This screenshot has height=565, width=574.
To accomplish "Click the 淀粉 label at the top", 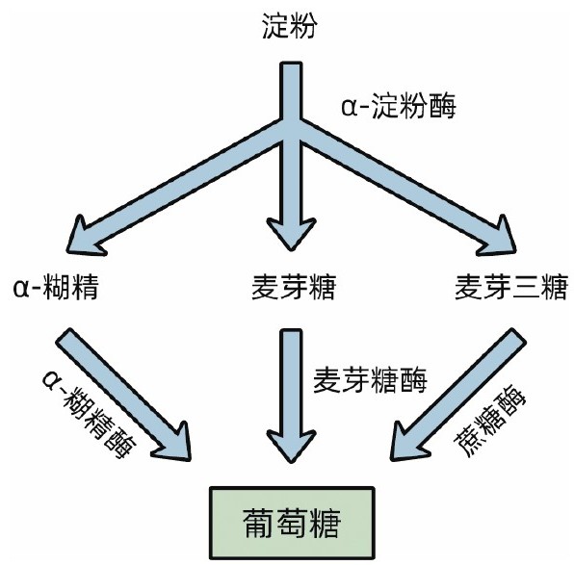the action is [289, 26].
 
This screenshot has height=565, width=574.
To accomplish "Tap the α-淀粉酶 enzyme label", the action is [399, 107].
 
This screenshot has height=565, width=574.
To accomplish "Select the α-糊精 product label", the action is [56, 287].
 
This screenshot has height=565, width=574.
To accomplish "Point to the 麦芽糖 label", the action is [293, 287].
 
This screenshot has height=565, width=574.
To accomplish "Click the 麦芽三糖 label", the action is [511, 287].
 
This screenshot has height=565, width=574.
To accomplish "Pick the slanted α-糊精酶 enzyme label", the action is [89, 414].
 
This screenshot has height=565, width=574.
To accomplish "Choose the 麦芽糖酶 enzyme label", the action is [370, 380].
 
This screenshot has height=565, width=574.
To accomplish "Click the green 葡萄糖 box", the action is [292, 523].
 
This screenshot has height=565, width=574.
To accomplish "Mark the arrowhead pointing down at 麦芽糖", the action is [292, 234].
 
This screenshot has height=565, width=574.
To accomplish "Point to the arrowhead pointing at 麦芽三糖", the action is [499, 238].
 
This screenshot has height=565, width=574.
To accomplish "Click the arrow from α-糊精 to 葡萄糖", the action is [123, 395].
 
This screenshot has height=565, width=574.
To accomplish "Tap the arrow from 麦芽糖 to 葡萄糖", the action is [292, 396].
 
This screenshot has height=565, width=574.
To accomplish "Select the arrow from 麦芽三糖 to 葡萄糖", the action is [458, 395].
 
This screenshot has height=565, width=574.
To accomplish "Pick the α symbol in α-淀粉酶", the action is [349, 108].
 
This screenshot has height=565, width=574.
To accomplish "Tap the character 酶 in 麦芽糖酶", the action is [414, 380].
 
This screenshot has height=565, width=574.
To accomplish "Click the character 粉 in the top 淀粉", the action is [303, 26].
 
